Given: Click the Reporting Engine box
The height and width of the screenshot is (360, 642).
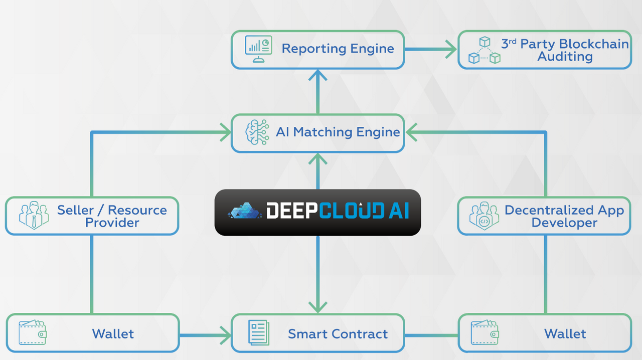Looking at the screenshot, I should pos(317,50).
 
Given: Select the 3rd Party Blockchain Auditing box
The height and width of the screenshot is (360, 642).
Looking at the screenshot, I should pos(544,50).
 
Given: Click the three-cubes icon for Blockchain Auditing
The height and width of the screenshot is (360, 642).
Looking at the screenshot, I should pos(485,50).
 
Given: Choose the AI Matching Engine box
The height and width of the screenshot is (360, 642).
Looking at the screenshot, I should pos(317,133).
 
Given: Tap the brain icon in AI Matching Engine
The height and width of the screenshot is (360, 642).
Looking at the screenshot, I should pos(256,132).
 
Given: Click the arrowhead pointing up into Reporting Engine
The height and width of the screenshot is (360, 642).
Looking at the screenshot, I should pos(317,75).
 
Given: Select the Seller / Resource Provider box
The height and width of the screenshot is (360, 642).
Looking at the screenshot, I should pos(92,216).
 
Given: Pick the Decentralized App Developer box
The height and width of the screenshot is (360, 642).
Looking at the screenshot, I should pos(544,216).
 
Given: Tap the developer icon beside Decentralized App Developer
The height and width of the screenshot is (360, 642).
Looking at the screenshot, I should pos(484,216).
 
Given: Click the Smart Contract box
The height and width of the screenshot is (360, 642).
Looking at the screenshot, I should pos(317,333).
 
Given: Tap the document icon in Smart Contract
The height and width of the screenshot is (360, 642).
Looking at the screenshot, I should pos(259,333).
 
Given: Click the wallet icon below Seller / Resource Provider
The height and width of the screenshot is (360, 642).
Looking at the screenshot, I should pos(33,332).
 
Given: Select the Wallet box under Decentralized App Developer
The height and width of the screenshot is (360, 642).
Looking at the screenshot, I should pos(544,333).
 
